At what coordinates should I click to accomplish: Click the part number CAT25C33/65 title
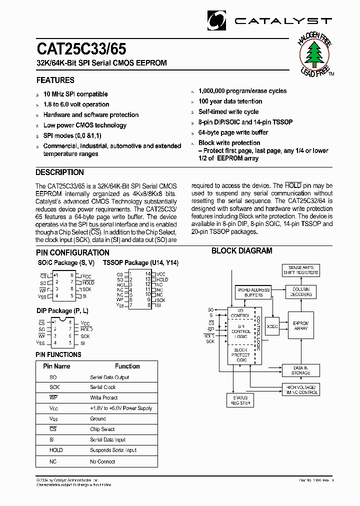pos(81,49)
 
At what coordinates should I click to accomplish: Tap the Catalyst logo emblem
pos(216,20)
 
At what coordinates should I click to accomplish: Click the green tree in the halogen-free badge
pos(314,53)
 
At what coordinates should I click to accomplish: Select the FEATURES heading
pos(55,80)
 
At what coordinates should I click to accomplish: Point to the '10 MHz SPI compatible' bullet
pos(75,94)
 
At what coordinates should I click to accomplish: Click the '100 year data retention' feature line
pos(230,101)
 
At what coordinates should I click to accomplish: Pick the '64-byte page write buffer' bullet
pos(233,132)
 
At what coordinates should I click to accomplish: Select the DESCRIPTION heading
pos(60,172)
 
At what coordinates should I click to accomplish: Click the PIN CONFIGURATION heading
pos(72,253)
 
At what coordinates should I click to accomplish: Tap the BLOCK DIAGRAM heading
pos(242,251)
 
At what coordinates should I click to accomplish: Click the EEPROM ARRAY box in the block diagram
pos(301,326)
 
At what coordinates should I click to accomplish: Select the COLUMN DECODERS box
pos(301,292)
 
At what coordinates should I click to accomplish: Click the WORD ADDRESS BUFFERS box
pos(253,292)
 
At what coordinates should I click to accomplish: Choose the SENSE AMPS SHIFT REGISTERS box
pos(301,270)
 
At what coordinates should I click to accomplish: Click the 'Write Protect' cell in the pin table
pos(104,398)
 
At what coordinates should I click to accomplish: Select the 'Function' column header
pos(127,366)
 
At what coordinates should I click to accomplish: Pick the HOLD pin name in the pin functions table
pos(56,450)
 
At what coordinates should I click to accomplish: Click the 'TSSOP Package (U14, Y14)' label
pos(140,263)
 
